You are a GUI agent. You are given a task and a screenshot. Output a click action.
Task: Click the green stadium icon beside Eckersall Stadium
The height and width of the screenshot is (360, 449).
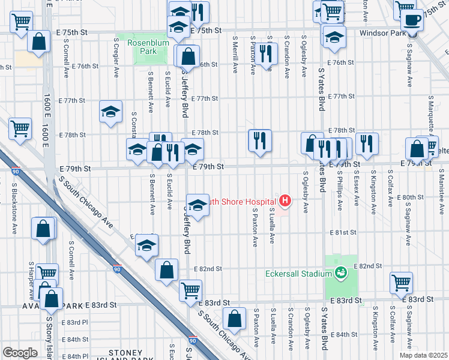[x=341, y=274]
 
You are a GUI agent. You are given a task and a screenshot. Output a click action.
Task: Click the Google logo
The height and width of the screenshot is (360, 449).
[x=19, y=353]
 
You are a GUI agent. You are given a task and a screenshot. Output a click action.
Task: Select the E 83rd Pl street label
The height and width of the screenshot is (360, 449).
[x=77, y=322]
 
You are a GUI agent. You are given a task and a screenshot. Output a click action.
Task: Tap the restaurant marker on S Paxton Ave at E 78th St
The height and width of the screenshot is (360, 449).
[x=260, y=141]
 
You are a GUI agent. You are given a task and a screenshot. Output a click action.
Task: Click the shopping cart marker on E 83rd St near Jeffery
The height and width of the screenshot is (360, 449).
[x=190, y=290]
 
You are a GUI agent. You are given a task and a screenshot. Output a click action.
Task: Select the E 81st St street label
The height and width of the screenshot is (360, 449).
[x=342, y=232]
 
